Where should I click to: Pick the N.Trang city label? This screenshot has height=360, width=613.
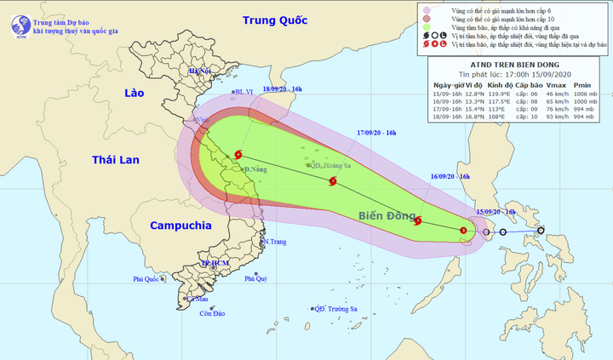(x=275, y=242)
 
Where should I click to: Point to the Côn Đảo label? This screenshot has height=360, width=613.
(x=212, y=314)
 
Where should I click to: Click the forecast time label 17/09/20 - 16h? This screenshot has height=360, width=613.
(x=379, y=132)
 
